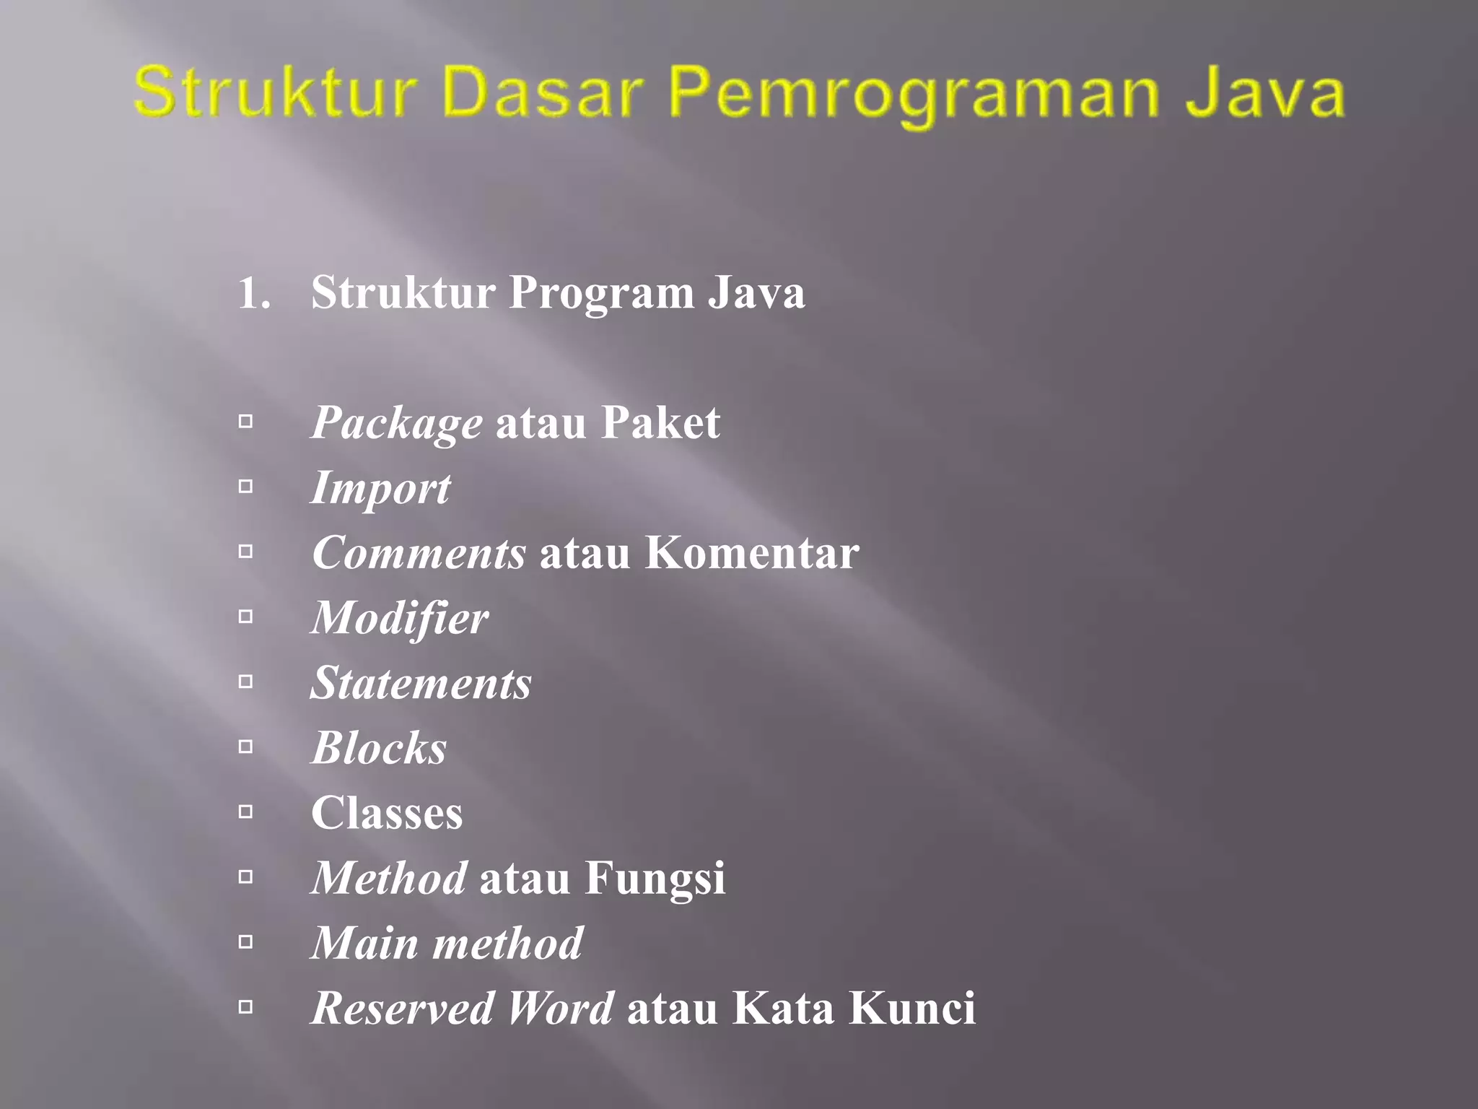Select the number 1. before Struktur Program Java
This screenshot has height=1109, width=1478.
(254, 293)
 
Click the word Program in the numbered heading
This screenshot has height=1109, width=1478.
(601, 295)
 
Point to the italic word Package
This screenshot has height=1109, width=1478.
(396, 424)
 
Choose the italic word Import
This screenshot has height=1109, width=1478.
(380, 489)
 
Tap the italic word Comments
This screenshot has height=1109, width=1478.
(419, 553)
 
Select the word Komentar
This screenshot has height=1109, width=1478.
(751, 553)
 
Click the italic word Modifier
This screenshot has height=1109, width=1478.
(399, 619)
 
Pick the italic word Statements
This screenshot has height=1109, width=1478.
(421, 683)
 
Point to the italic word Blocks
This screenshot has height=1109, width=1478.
(379, 748)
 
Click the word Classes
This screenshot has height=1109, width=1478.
(387, 813)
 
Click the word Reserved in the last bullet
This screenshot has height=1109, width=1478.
(402, 1008)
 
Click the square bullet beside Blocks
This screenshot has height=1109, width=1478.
(246, 747)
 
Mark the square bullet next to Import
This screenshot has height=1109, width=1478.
(246, 487)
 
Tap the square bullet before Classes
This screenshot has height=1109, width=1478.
(246, 812)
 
